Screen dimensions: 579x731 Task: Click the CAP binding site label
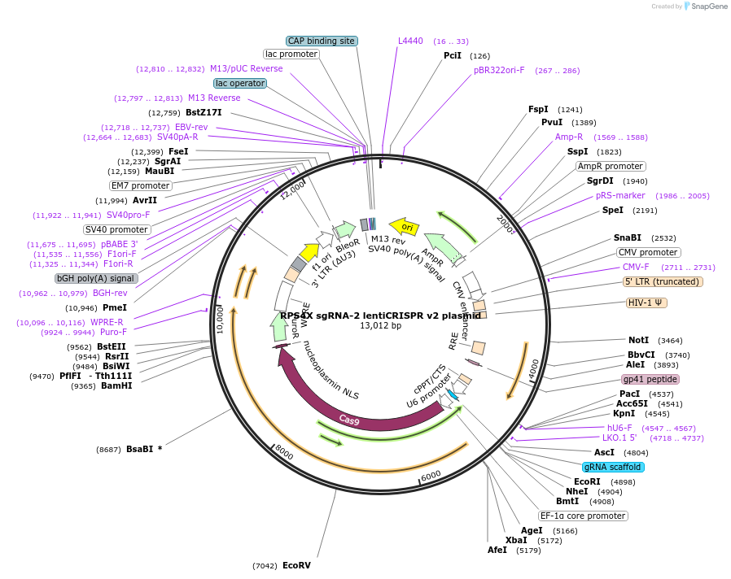(x=322, y=41)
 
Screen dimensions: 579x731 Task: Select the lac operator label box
(x=241, y=83)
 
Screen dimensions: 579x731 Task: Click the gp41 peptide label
(x=650, y=379)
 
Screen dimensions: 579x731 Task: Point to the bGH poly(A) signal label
(x=95, y=278)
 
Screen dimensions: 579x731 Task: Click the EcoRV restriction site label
(x=296, y=565)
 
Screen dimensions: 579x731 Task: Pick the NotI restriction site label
(x=638, y=340)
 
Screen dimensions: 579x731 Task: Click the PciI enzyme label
(x=453, y=56)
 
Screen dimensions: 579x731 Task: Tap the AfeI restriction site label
(x=497, y=550)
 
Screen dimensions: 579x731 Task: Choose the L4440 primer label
(x=410, y=41)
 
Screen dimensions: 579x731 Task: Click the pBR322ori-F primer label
(x=499, y=70)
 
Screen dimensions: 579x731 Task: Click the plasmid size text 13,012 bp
(x=380, y=326)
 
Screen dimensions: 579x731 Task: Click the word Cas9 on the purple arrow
(x=350, y=420)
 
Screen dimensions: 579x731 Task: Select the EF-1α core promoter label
(x=583, y=516)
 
